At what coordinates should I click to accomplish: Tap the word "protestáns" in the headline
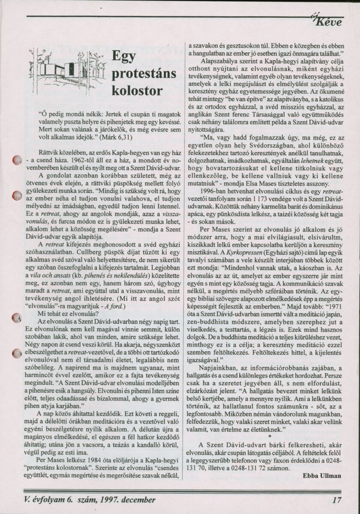[x=144, y=73]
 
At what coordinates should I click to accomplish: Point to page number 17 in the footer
[x=336, y=499]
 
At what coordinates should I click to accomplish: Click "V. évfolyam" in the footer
[x=42, y=499]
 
